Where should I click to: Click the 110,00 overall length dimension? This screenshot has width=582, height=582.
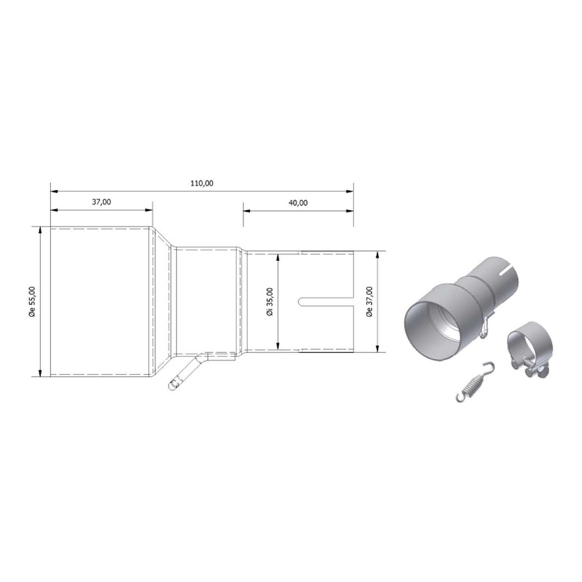202,183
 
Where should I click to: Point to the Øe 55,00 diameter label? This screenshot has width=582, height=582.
31,301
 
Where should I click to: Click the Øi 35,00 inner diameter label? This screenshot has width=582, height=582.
269,302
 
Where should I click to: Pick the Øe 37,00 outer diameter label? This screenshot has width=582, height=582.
370,302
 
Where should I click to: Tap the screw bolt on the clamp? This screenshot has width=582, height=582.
536,375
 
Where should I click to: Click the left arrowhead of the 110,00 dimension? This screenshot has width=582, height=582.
53,191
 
